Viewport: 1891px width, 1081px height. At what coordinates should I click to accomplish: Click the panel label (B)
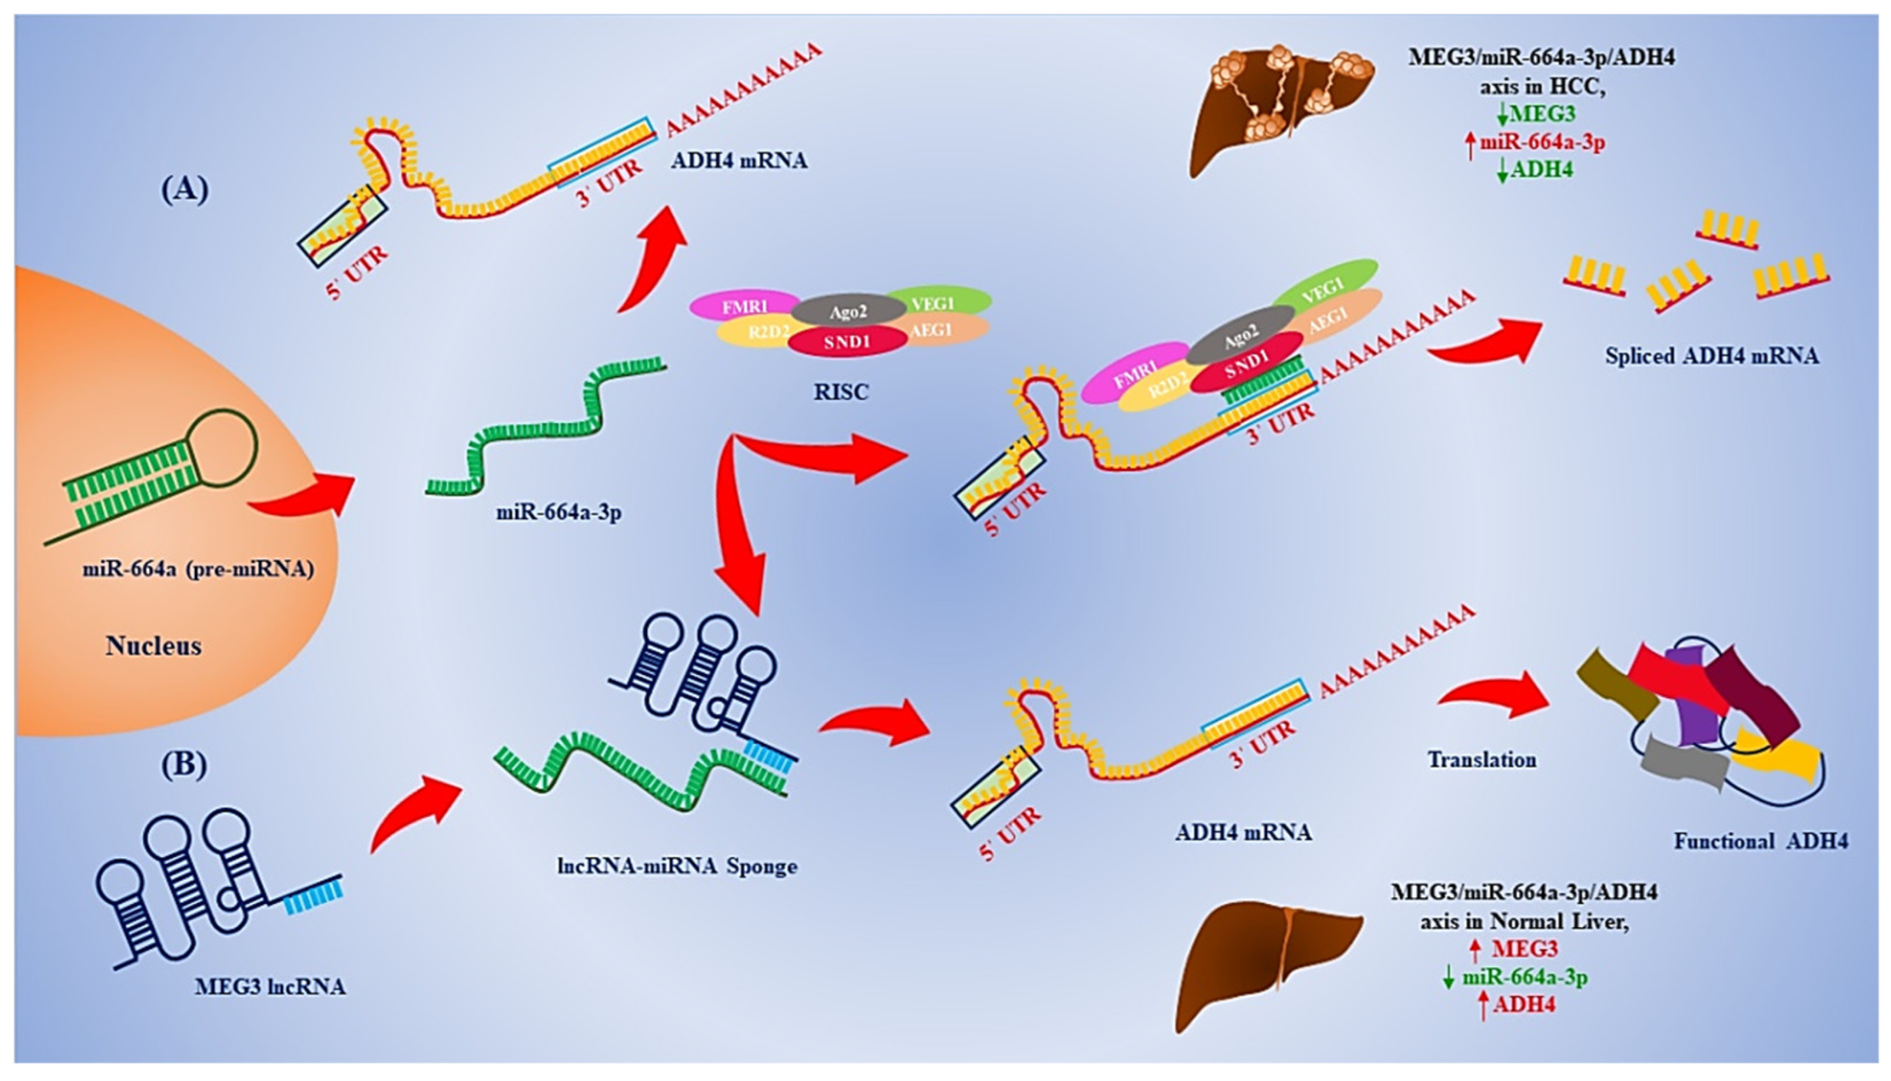tap(183, 765)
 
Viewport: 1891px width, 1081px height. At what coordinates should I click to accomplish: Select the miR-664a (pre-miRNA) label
tap(197, 569)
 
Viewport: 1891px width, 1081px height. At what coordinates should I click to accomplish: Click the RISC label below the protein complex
tap(841, 391)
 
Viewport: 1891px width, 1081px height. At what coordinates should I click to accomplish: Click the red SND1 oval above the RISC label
tap(847, 342)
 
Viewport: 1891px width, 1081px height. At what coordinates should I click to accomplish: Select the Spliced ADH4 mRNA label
tap(1712, 356)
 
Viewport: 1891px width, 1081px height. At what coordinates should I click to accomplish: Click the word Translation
tap(1482, 760)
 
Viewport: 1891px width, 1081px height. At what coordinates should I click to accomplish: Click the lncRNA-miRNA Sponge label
tap(677, 866)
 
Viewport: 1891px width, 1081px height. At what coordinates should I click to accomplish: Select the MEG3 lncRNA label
tap(270, 987)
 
